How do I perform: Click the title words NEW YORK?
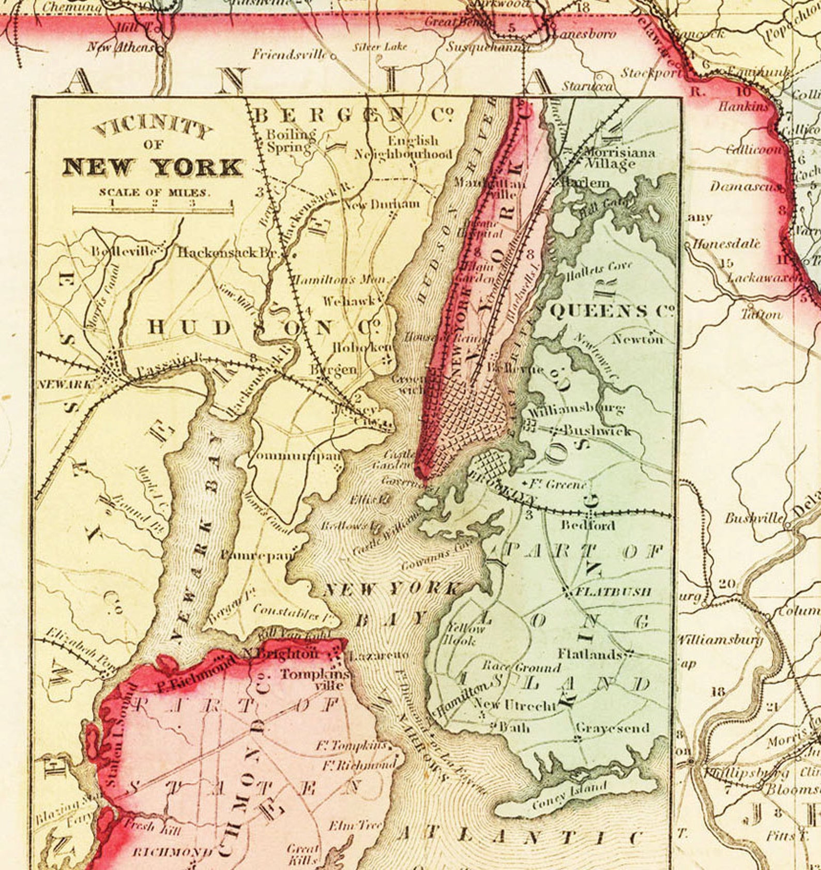(153, 167)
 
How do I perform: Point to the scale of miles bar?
(153, 210)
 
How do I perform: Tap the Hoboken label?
(362, 347)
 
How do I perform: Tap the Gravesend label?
(612, 728)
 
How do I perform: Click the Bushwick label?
(597, 430)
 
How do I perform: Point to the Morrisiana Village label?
(618, 158)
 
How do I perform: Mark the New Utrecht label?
(515, 704)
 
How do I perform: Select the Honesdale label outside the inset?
(726, 244)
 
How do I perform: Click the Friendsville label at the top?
(290, 54)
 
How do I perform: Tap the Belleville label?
(125, 252)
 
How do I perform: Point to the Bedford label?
(588, 525)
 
